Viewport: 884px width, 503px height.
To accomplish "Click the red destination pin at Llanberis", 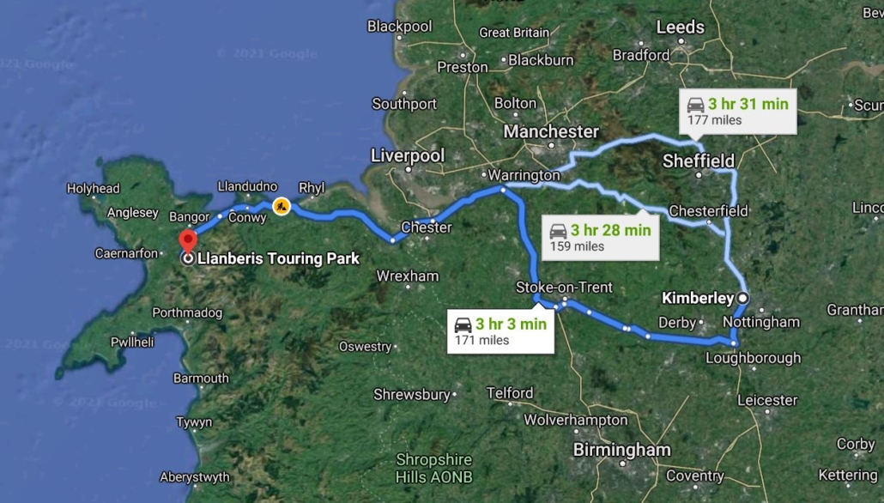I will (x=187, y=239).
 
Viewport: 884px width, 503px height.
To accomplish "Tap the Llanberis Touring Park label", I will (x=278, y=258).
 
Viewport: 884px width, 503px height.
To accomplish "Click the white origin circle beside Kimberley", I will (x=742, y=298).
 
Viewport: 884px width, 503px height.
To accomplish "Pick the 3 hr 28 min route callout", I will (x=600, y=237).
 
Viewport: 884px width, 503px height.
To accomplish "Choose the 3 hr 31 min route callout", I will (x=738, y=111).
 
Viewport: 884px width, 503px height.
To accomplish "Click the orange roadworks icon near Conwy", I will (x=281, y=206).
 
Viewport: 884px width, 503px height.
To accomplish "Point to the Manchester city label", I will (x=551, y=131).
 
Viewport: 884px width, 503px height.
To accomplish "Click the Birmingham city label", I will (x=621, y=450).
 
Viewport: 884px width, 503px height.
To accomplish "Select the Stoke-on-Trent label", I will (x=565, y=287).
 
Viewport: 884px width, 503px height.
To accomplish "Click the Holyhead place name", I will (x=94, y=188).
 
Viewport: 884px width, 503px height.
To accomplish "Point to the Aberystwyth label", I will (x=194, y=477).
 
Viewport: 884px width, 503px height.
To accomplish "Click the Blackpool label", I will (x=399, y=26).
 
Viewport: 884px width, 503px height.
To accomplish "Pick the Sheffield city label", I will (x=699, y=161).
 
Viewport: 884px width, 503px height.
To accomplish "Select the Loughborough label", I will (x=754, y=358).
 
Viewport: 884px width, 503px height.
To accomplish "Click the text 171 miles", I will (x=481, y=340).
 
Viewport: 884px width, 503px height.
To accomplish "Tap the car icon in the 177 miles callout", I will (x=696, y=105).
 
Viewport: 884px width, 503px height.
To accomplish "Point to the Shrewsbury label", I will (x=412, y=395).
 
